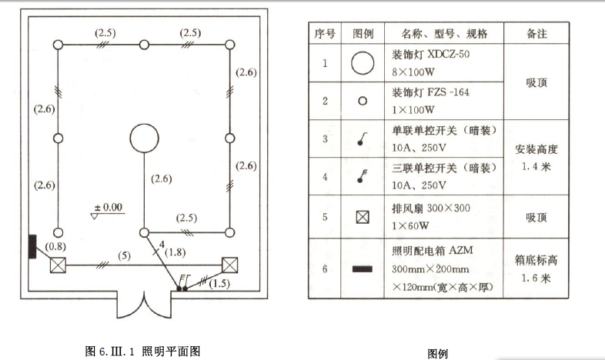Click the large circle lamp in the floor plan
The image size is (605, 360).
(x=143, y=138)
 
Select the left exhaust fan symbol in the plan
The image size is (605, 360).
(x=57, y=265)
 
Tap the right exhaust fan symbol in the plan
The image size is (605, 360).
(x=229, y=265)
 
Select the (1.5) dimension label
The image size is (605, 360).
(x=219, y=284)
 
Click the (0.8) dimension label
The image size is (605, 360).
(x=55, y=248)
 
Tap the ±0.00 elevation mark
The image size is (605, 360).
(x=108, y=208)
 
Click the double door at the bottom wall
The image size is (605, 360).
(x=142, y=304)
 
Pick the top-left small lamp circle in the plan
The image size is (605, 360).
(x=57, y=44)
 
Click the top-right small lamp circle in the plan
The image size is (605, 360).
(x=229, y=44)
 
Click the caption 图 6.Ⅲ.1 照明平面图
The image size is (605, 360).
(x=143, y=351)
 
